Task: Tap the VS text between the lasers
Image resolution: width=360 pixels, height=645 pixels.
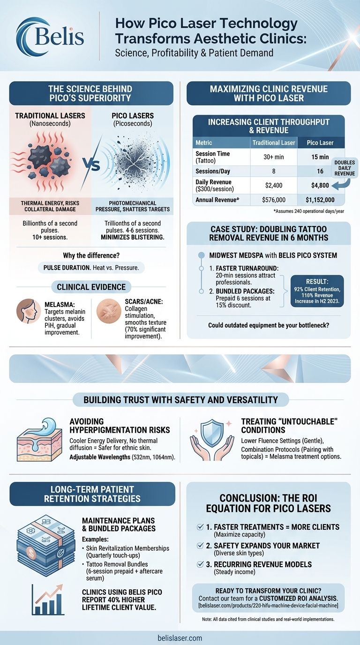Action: [x=92, y=165]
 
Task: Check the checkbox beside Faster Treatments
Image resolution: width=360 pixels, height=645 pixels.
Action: [x=200, y=527]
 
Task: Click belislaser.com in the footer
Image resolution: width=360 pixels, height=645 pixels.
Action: [x=180, y=637]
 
